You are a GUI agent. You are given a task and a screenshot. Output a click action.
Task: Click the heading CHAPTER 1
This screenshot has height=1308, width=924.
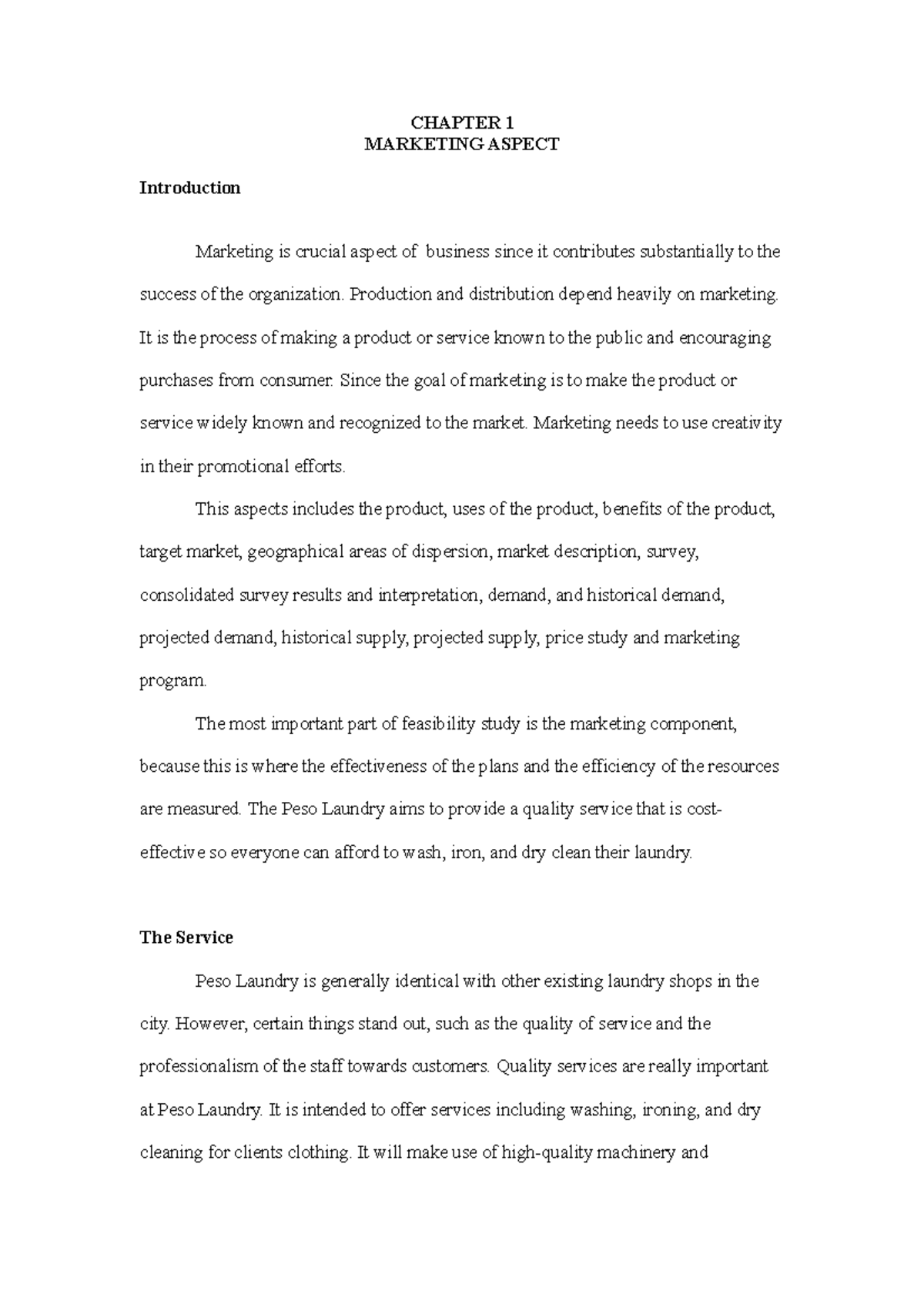coord(461,122)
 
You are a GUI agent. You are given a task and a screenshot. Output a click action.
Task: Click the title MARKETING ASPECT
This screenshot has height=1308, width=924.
coord(461,144)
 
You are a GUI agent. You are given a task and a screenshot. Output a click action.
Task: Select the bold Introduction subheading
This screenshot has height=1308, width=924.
coord(189,188)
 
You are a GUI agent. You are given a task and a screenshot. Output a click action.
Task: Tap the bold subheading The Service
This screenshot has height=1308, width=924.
coord(186,937)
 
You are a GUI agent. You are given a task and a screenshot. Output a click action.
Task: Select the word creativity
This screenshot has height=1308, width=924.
coord(746,423)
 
